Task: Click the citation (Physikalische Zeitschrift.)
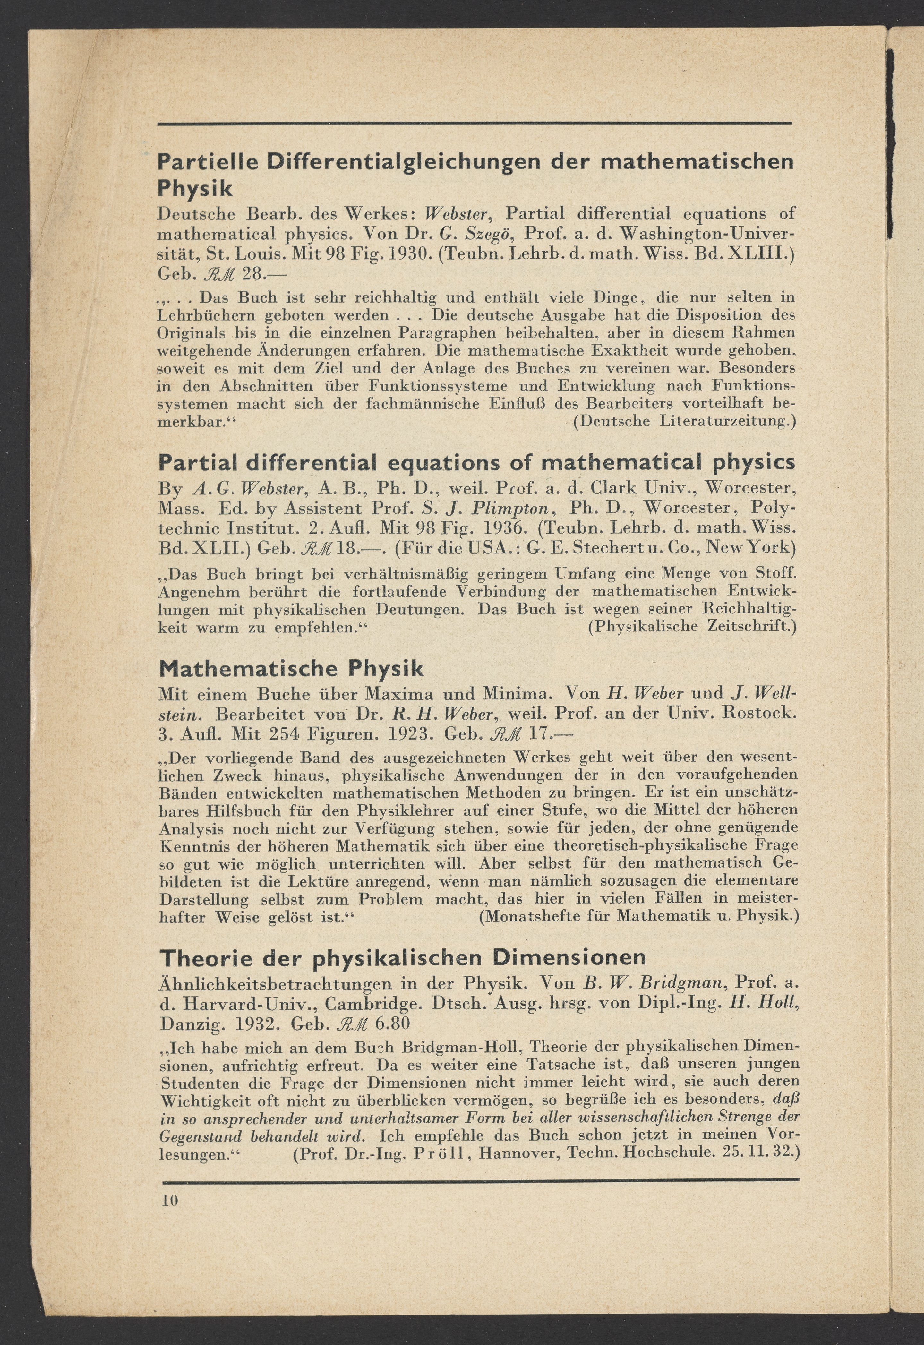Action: [x=692, y=627]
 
